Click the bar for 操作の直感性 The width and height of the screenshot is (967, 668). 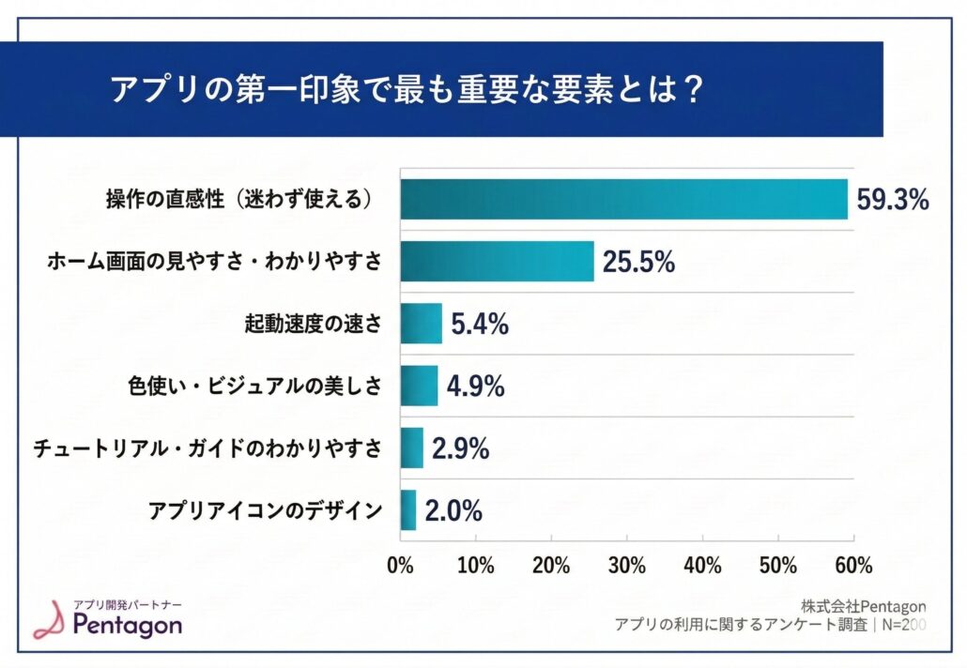(x=623, y=199)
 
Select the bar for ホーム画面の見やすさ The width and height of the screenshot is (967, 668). (x=497, y=261)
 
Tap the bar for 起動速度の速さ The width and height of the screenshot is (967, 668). (x=421, y=324)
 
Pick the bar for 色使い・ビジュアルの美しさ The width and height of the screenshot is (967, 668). (x=419, y=386)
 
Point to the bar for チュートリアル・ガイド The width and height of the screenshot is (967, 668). (x=411, y=448)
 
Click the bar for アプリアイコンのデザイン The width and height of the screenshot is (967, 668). (x=407, y=509)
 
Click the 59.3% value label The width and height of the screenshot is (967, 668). (x=892, y=200)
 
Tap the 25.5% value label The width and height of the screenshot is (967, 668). (x=638, y=262)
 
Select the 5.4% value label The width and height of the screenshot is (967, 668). (x=480, y=325)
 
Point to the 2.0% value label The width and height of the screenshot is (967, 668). (x=453, y=510)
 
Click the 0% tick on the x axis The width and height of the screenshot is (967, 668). (x=401, y=566)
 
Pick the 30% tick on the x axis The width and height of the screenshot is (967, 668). (x=626, y=566)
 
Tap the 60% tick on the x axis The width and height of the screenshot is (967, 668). (x=852, y=566)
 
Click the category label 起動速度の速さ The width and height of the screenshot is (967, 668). (x=312, y=325)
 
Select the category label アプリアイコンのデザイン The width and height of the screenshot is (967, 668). (x=266, y=510)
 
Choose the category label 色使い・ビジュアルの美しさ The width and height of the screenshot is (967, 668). (x=254, y=387)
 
